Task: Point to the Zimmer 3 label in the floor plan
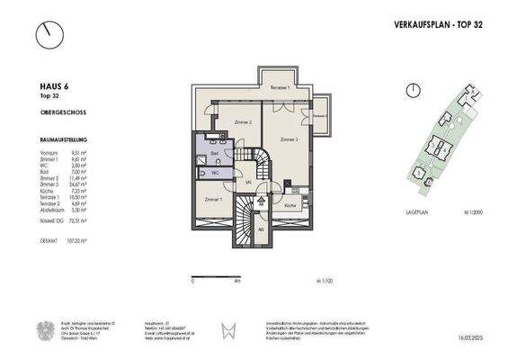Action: pos(288,139)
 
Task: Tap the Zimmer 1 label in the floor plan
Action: pos(213,198)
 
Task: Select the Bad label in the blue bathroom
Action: pos(214,155)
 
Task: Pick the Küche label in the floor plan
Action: pos(290,206)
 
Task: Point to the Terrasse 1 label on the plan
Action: pos(281,87)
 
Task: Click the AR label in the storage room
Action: pos(260,229)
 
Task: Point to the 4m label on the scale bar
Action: pos(236,282)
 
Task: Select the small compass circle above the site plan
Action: pos(411,89)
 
